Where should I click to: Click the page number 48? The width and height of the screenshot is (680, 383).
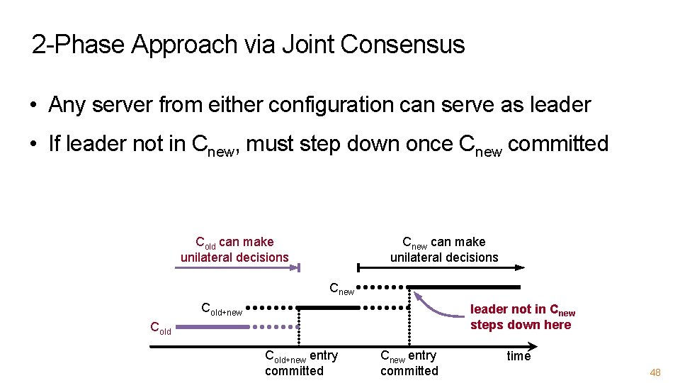[654, 373]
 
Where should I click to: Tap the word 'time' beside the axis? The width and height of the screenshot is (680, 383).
[518, 356]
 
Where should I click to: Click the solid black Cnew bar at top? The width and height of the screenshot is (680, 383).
[463, 287]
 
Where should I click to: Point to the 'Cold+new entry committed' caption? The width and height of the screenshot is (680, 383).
[300, 362]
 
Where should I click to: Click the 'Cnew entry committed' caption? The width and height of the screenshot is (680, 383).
[409, 362]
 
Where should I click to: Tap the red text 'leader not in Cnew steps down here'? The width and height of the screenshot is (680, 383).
[522, 317]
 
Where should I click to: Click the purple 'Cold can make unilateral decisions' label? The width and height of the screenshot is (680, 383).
[234, 250]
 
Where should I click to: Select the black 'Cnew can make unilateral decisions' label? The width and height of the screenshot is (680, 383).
[444, 250]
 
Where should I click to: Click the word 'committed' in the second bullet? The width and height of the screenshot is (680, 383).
[558, 144]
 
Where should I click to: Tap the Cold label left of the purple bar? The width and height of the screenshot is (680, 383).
[160, 328]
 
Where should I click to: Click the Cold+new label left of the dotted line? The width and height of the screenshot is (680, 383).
[222, 309]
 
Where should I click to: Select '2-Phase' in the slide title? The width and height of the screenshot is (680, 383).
[79, 45]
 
